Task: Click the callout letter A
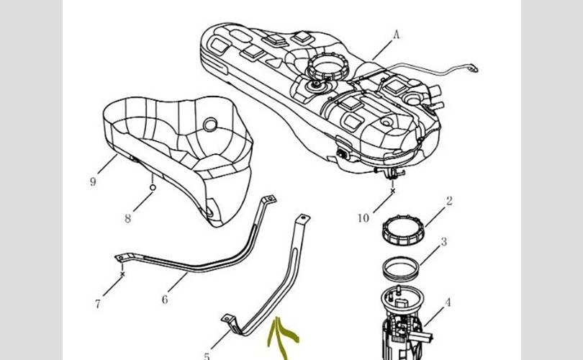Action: click(396, 34)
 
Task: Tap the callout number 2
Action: click(449, 202)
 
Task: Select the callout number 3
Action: click(444, 242)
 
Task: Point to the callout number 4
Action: click(448, 302)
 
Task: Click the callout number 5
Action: click(207, 356)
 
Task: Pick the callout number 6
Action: click(164, 299)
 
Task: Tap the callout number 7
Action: click(97, 303)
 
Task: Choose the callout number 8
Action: click(127, 219)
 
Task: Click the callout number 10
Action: click(363, 217)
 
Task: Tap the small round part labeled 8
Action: click(153, 187)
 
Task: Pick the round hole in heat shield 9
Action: click(210, 125)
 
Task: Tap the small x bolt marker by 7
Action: click(123, 274)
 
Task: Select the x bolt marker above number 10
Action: click(392, 192)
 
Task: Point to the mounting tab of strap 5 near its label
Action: click(227, 318)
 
